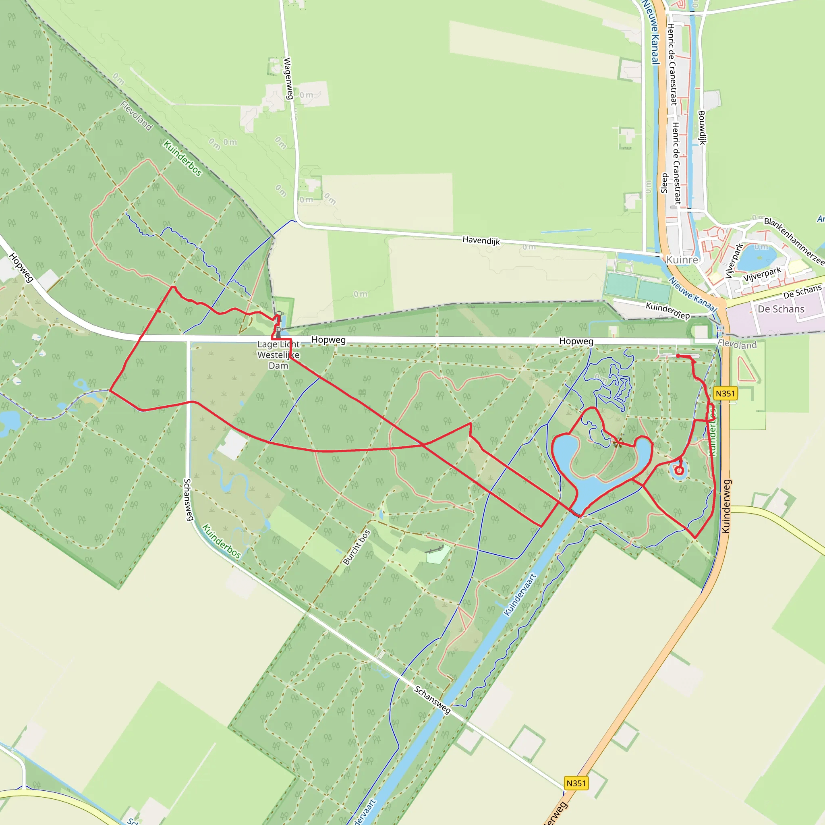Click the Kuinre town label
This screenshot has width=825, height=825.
pyautogui.click(x=682, y=260)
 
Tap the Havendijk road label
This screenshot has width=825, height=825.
pyautogui.click(x=481, y=240)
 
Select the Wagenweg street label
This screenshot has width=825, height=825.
pyautogui.click(x=288, y=79)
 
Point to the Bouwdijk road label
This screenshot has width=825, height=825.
pyautogui.click(x=702, y=127)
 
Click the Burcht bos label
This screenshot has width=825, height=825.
pyautogui.click(x=357, y=547)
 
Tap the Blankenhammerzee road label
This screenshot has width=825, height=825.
pyautogui.click(x=794, y=240)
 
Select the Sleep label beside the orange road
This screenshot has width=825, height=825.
pyautogui.click(x=664, y=183)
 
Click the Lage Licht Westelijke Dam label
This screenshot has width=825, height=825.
pyautogui.click(x=278, y=355)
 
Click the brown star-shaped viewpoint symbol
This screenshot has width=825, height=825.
pyautogui.click(x=618, y=442)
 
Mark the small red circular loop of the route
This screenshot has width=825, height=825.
pyautogui.click(x=679, y=471)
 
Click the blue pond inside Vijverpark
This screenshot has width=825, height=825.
pyautogui.click(x=756, y=258)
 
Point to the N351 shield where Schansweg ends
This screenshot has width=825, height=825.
pyautogui.click(x=576, y=783)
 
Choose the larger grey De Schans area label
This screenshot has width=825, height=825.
pyautogui.click(x=781, y=309)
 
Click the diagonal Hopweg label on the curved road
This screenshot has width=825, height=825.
pyautogui.click(x=21, y=267)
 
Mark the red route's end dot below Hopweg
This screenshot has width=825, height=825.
pyautogui.click(x=678, y=355)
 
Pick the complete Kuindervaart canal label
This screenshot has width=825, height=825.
pyautogui.click(x=520, y=595)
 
